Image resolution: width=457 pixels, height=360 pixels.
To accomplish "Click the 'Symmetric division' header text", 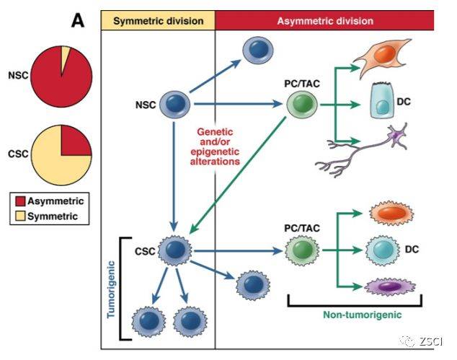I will pos(158,21).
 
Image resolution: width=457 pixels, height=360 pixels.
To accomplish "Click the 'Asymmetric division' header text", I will pos(325,21).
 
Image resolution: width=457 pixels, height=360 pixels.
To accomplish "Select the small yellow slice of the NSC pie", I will pos(66,53).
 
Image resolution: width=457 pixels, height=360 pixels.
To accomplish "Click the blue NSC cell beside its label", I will pos(174,105).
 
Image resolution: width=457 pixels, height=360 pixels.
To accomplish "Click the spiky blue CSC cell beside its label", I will pos(174,251).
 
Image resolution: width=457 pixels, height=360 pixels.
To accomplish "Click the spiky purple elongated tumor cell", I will pos(384,288).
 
